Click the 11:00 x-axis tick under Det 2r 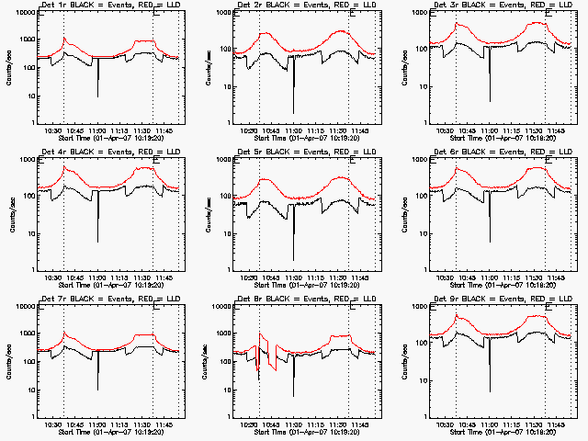pos(294,130)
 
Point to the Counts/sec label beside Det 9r pos(404,358)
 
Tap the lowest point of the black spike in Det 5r pos(294,260)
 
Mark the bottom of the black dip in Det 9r pos(490,391)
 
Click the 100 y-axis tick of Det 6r pos(419,196)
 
